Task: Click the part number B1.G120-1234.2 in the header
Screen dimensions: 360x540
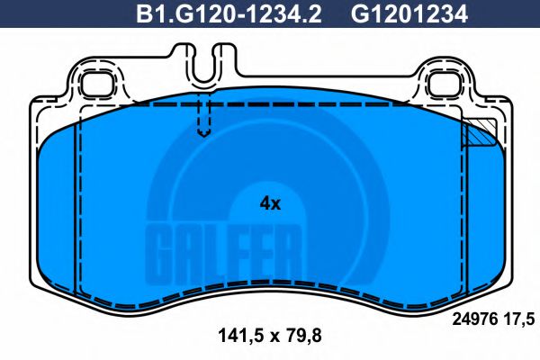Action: (229, 14)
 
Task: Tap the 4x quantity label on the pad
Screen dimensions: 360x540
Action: (270, 203)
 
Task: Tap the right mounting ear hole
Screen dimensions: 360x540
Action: (445, 86)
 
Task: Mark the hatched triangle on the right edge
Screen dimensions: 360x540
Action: (478, 133)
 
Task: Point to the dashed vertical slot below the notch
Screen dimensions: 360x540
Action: (204, 116)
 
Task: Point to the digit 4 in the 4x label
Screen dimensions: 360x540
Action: (265, 203)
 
